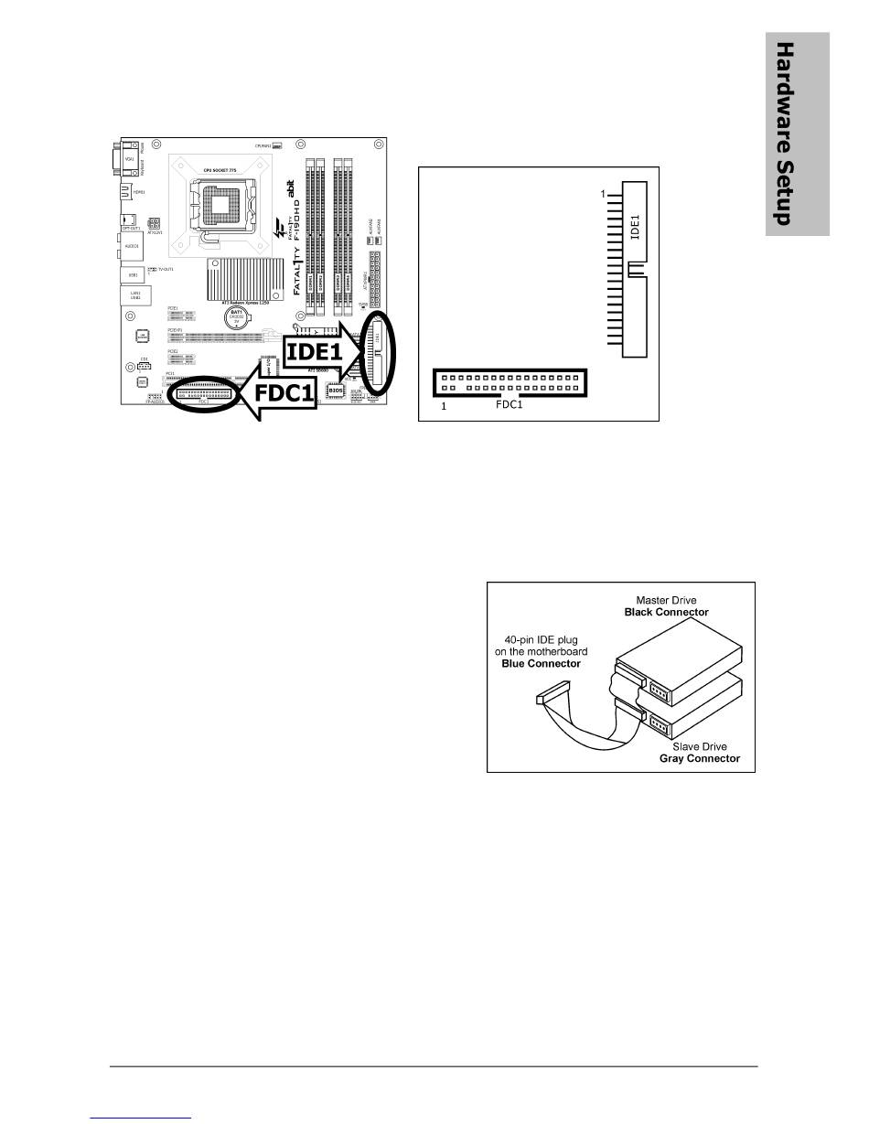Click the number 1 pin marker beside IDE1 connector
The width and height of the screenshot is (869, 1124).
[x=604, y=195]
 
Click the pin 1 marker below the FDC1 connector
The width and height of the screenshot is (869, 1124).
[x=444, y=406]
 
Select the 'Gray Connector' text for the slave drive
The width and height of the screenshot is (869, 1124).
[x=700, y=759]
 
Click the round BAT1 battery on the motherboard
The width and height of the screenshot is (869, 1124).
[x=237, y=318]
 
